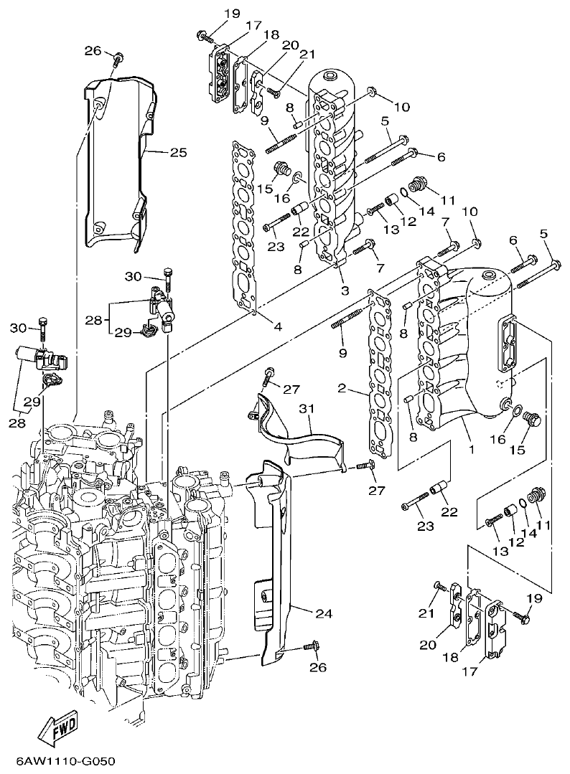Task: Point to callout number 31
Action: click(307, 408)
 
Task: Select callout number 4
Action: click(277, 327)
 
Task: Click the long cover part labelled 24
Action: click(276, 560)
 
